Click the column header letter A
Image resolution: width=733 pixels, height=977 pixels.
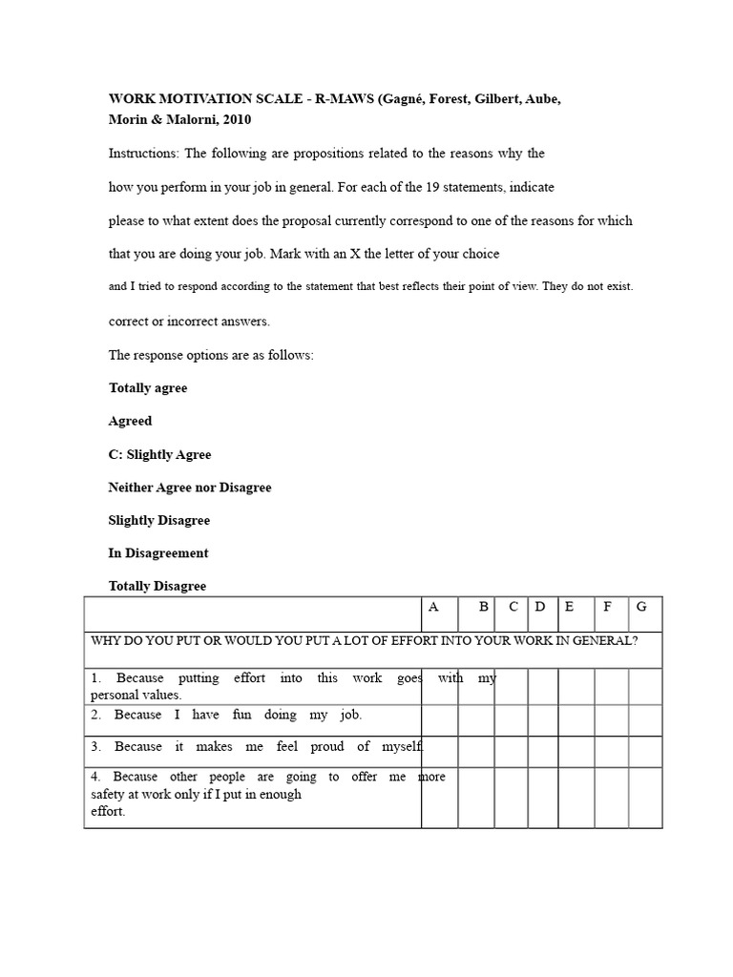tap(434, 607)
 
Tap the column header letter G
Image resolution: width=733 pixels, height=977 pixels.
tap(641, 607)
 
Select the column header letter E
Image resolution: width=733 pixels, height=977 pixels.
tap(570, 607)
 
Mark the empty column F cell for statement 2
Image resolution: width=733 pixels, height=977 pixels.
tap(611, 720)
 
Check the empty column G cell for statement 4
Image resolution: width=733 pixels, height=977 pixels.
tap(645, 797)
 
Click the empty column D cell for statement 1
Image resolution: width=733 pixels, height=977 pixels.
tap(542, 687)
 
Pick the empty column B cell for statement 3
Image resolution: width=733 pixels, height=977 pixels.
tap(476, 752)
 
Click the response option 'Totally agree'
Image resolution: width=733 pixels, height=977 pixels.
tap(148, 388)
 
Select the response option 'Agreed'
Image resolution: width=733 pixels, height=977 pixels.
tap(131, 421)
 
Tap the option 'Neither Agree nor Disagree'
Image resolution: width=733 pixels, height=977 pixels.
tap(190, 488)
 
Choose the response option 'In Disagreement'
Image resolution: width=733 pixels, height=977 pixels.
tap(158, 553)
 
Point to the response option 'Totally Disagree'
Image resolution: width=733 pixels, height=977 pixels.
tap(157, 586)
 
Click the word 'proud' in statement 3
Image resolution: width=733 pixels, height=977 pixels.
tap(326, 747)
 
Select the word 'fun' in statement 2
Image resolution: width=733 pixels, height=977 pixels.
tap(241, 715)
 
